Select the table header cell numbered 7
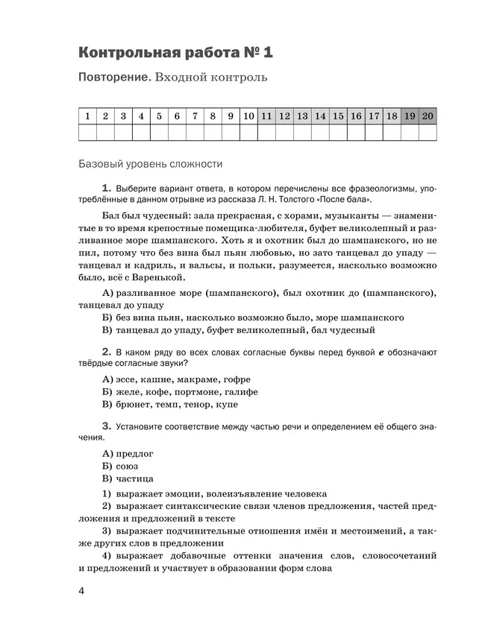point(195,116)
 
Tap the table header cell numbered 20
point(428,116)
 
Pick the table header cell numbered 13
point(302,116)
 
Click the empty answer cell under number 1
point(87,132)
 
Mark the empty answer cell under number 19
point(410,132)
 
